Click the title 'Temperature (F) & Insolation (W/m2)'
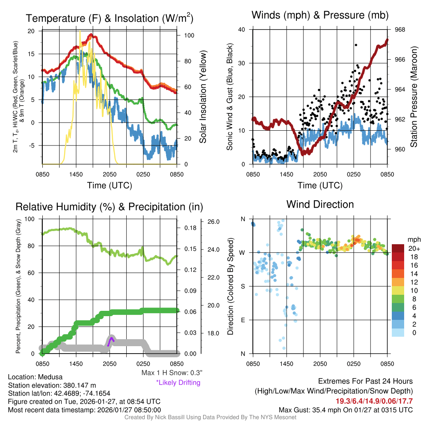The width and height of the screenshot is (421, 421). coord(109,19)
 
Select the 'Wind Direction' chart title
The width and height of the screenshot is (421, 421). coord(320,204)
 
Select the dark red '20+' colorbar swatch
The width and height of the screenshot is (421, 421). coord(398,248)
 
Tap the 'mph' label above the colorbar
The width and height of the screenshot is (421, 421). coord(412,239)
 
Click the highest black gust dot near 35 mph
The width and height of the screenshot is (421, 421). coord(356,45)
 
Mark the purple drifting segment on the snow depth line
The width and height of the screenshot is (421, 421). coord(110,341)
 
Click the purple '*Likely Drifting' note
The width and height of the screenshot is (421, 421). coord(178,382)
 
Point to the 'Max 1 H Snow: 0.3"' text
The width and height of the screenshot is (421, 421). coord(171,373)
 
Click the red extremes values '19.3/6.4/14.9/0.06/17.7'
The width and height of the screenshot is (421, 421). coord(375,401)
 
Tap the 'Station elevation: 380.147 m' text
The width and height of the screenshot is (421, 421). coord(52,385)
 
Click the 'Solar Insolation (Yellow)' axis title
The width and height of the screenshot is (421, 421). coord(203,97)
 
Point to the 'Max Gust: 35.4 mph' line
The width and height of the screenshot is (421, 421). coord(345,409)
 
